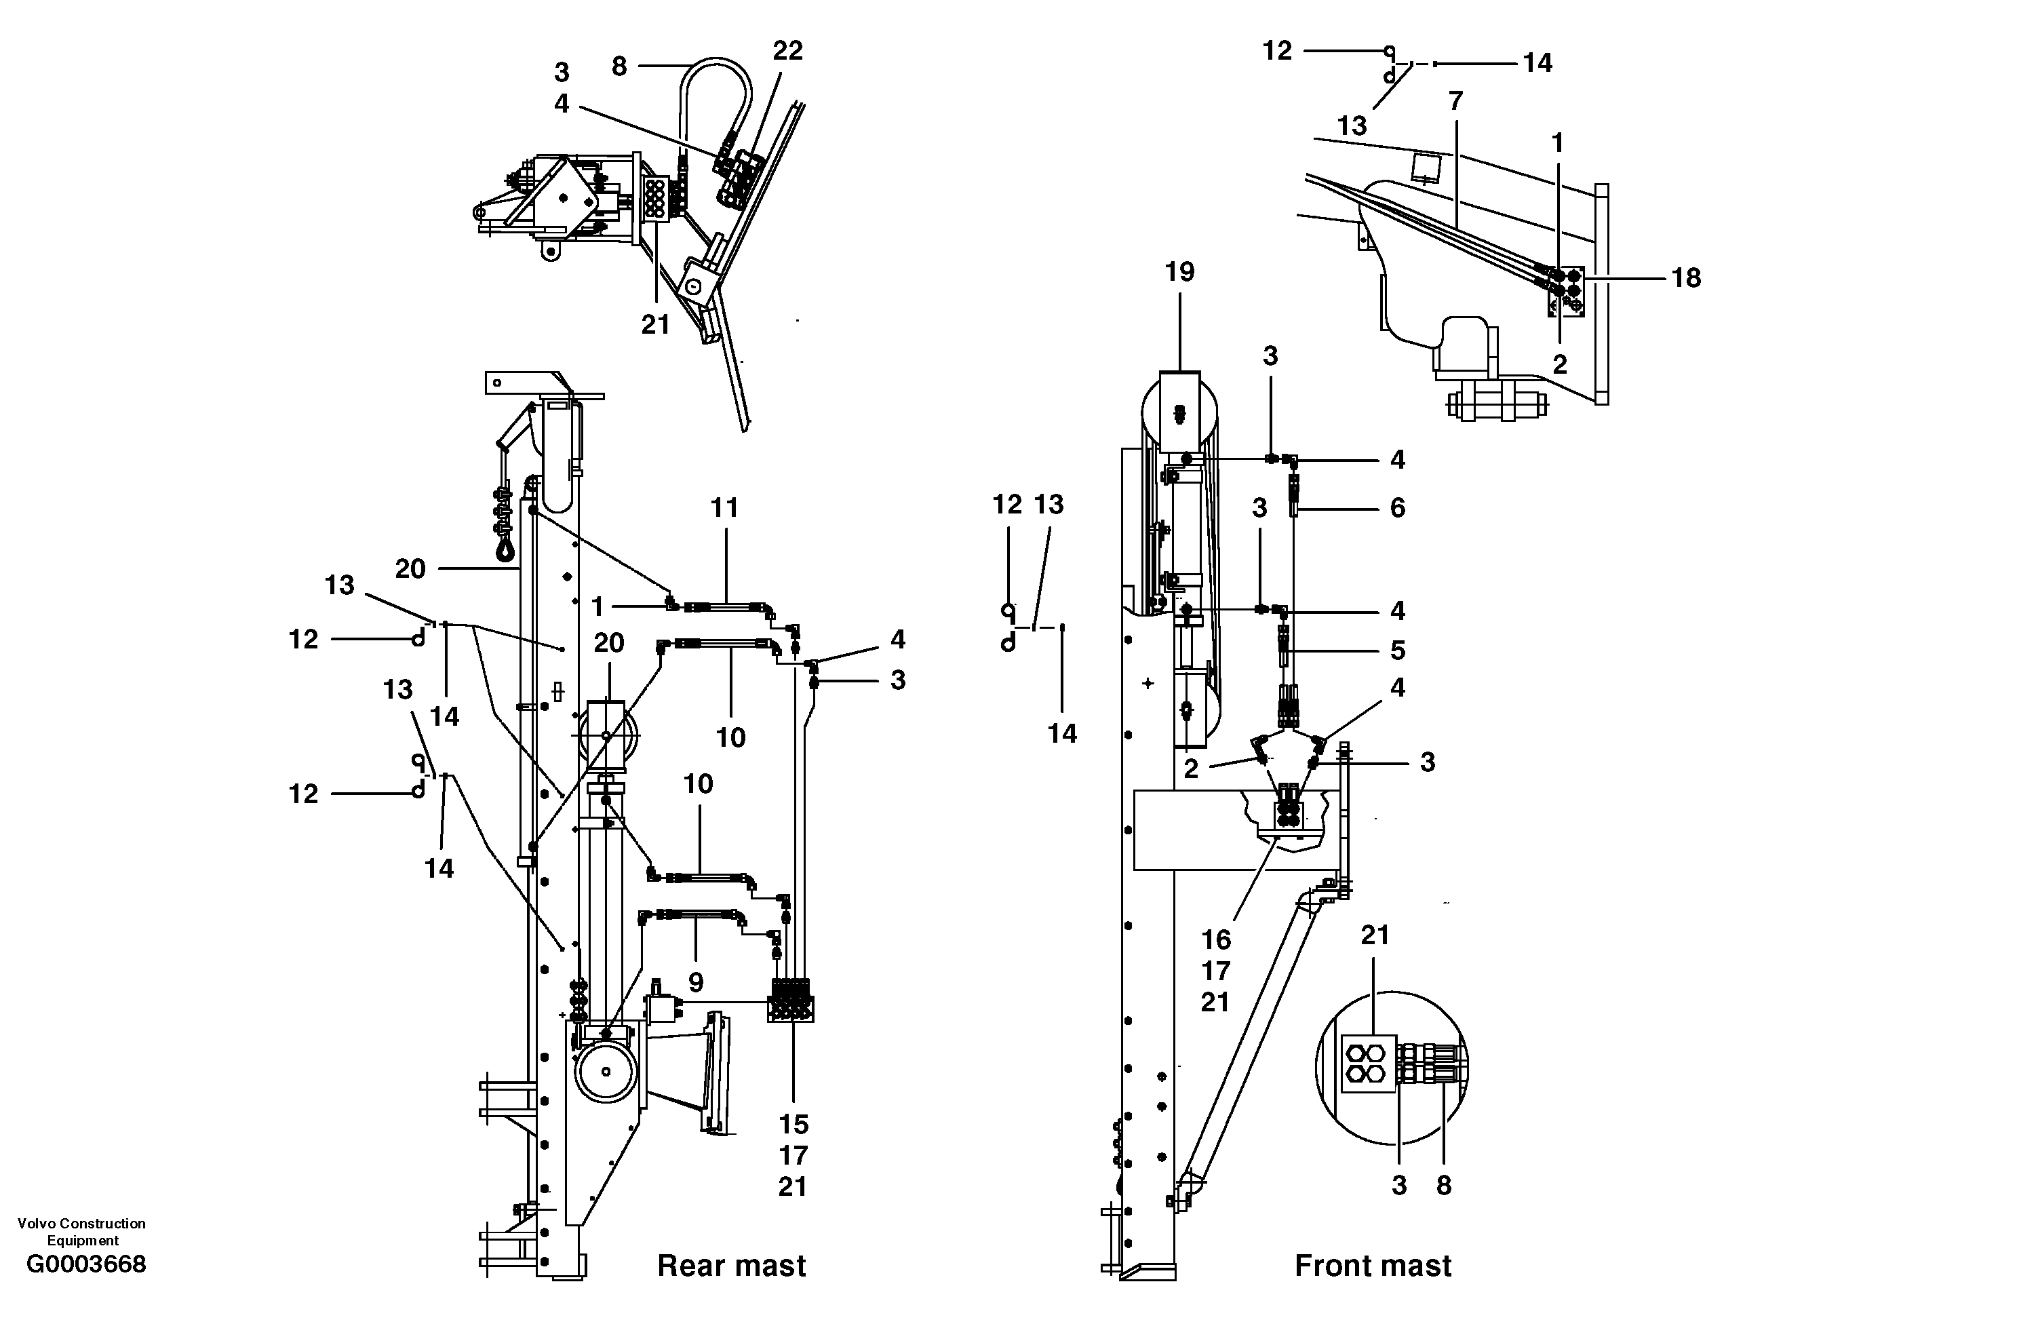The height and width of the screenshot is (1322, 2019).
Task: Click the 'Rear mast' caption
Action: tap(731, 1266)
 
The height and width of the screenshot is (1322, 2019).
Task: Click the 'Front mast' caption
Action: tap(1373, 1266)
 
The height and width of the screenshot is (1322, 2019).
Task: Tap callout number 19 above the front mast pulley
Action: tap(1179, 273)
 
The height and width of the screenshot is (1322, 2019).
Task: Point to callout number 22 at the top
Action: tap(787, 52)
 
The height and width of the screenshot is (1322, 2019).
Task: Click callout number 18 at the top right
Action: tap(1685, 278)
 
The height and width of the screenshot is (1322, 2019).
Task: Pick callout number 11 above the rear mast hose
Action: tap(724, 508)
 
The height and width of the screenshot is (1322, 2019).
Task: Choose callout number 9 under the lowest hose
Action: tap(696, 983)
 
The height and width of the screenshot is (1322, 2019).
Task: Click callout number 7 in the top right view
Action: tap(1455, 102)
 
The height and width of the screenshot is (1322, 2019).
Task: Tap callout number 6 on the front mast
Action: tap(1397, 508)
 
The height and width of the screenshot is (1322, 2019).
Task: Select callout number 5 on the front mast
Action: tap(1397, 650)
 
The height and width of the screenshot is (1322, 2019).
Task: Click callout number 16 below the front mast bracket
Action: tap(1215, 940)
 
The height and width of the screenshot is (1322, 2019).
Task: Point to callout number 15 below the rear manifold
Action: tap(793, 1125)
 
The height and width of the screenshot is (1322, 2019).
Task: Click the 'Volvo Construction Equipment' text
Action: tap(81, 1231)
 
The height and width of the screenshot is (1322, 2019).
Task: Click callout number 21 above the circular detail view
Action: tap(1374, 935)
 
